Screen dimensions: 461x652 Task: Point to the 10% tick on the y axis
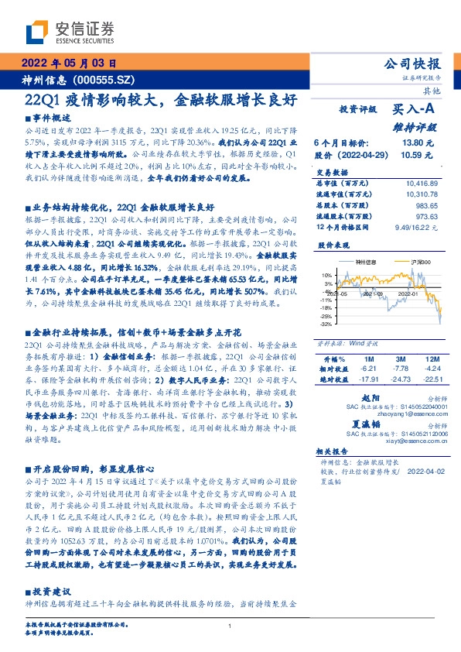tap(327, 274)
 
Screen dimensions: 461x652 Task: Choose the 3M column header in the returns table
tap(400, 359)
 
